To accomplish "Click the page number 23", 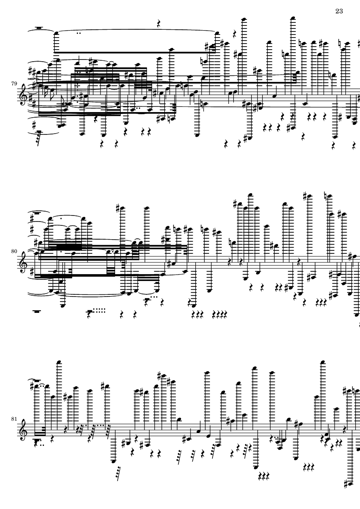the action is pos(339,11).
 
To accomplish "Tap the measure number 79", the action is pos(14,84).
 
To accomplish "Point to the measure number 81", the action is pos(14,419).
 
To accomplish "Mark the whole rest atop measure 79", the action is pos(39,28).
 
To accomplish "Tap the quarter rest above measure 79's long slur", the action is pos(159,24).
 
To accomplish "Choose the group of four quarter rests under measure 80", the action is pos(219,314).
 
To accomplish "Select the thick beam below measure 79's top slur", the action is pos(135,52).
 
